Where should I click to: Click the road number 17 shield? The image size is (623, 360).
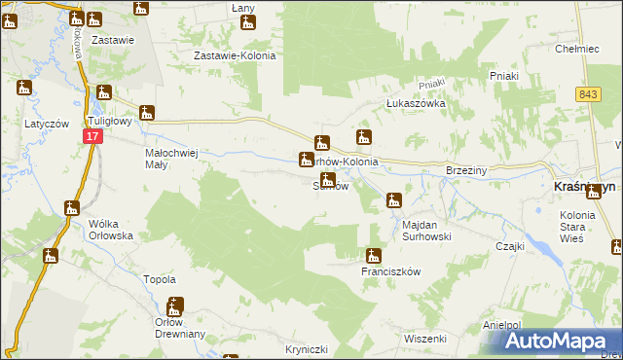pos(91,139)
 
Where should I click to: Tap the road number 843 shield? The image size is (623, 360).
pos(587,93)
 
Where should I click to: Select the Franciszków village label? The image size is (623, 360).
pos(389,272)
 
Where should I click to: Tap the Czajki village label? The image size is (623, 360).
pos(509,246)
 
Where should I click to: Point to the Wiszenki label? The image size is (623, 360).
pos(424,339)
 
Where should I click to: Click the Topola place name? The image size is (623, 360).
pos(160,279)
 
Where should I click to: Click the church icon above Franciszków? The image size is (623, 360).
pos(373,256)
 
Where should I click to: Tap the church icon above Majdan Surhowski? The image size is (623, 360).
pos(393,200)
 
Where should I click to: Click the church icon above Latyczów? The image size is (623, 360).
pos(24,88)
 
